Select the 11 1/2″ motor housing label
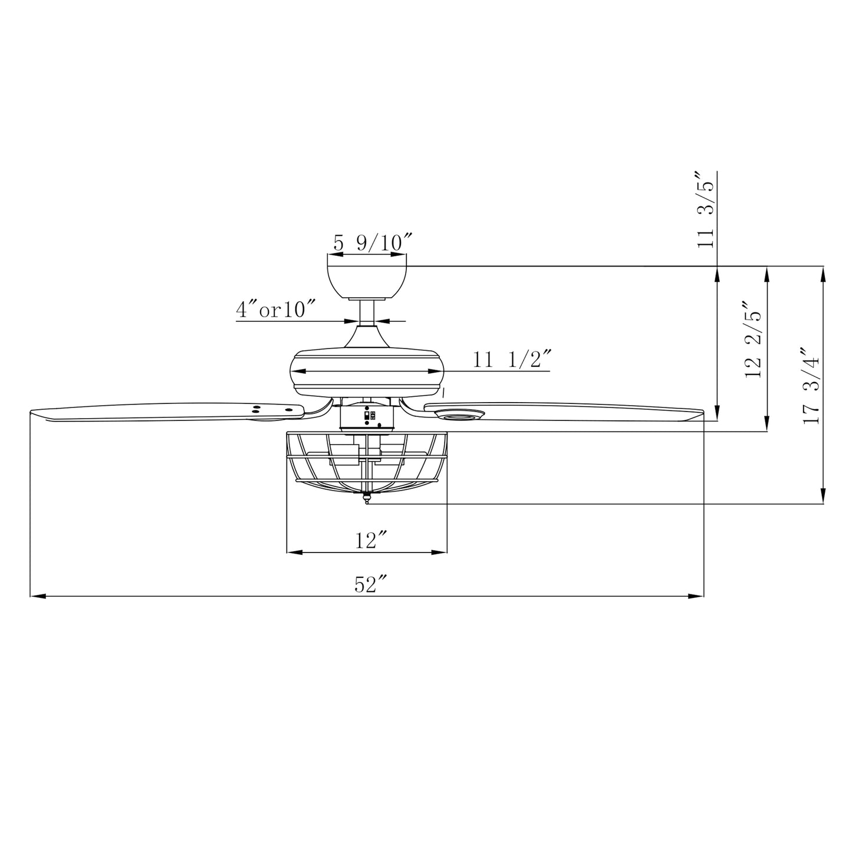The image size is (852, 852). [x=512, y=359]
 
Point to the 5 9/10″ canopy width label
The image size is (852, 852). [x=372, y=242]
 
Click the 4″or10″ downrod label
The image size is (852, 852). [x=276, y=310]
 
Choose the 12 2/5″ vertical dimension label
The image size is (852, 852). [x=754, y=340]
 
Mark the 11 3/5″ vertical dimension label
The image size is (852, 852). [x=706, y=210]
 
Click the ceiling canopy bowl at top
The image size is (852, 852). [x=367, y=282]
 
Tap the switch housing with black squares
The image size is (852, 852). [x=367, y=417]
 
